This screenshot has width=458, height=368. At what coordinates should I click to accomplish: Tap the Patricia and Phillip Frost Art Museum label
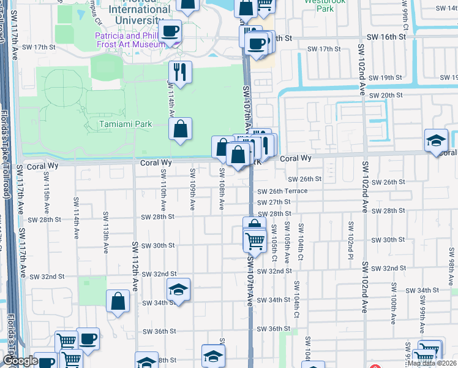[x=130, y=40]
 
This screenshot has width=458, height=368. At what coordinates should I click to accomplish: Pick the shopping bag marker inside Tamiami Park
[x=180, y=129]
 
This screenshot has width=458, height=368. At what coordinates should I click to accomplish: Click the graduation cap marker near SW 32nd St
[x=178, y=289]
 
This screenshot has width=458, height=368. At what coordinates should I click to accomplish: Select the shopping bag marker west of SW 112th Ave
[x=118, y=302]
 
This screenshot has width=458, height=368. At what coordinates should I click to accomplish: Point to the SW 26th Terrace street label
[x=282, y=191]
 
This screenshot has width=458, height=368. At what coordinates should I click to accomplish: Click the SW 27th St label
[x=274, y=202]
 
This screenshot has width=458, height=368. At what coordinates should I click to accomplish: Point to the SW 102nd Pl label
[x=351, y=239]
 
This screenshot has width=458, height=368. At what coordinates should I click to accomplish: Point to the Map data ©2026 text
[x=432, y=363]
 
